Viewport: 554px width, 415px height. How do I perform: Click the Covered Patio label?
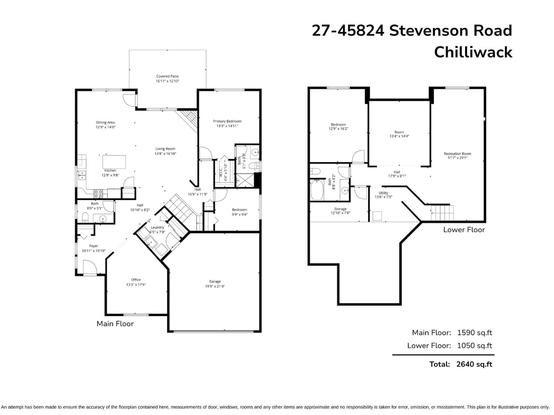167,76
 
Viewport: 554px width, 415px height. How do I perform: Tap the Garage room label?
215,281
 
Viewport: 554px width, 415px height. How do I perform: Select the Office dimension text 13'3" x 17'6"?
136,284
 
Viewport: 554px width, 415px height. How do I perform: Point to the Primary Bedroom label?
227,121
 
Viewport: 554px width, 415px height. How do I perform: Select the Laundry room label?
157,227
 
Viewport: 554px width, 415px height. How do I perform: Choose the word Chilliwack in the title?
473,52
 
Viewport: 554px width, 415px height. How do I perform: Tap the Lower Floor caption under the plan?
464,230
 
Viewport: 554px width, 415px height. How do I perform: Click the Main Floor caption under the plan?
115,323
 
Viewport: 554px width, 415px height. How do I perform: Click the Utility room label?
383,193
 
